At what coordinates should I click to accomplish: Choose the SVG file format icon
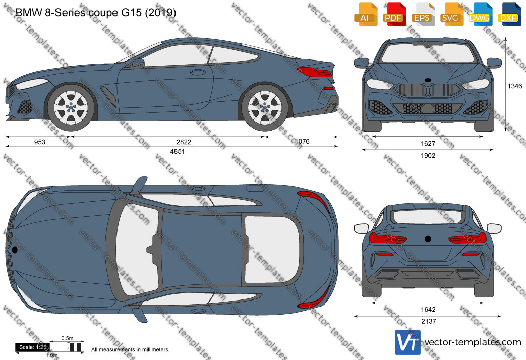pyautogui.click(x=452, y=14)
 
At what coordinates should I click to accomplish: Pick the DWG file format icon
pyautogui.click(x=481, y=14)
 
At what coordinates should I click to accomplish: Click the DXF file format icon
pyautogui.click(x=509, y=14)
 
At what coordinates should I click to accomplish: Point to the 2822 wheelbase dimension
pyautogui.click(x=184, y=142)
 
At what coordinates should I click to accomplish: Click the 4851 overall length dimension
pyautogui.click(x=178, y=151)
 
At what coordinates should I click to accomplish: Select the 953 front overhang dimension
pyautogui.click(x=39, y=142)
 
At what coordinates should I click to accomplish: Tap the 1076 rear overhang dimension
pyautogui.click(x=302, y=141)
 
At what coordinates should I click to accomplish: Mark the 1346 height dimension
pyautogui.click(x=514, y=86)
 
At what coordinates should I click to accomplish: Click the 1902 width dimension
pyautogui.click(x=428, y=156)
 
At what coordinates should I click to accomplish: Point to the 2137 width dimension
pyautogui.click(x=428, y=321)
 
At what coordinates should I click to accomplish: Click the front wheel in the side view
pyautogui.click(x=71, y=107)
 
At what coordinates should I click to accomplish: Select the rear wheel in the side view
pyautogui.click(x=265, y=107)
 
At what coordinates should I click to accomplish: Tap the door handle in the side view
pyautogui.click(x=198, y=72)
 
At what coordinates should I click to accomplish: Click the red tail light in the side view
pyautogui.click(x=314, y=72)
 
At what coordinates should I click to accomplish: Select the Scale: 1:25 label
pyautogui.click(x=33, y=347)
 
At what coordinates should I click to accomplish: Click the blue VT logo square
pyautogui.click(x=407, y=342)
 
